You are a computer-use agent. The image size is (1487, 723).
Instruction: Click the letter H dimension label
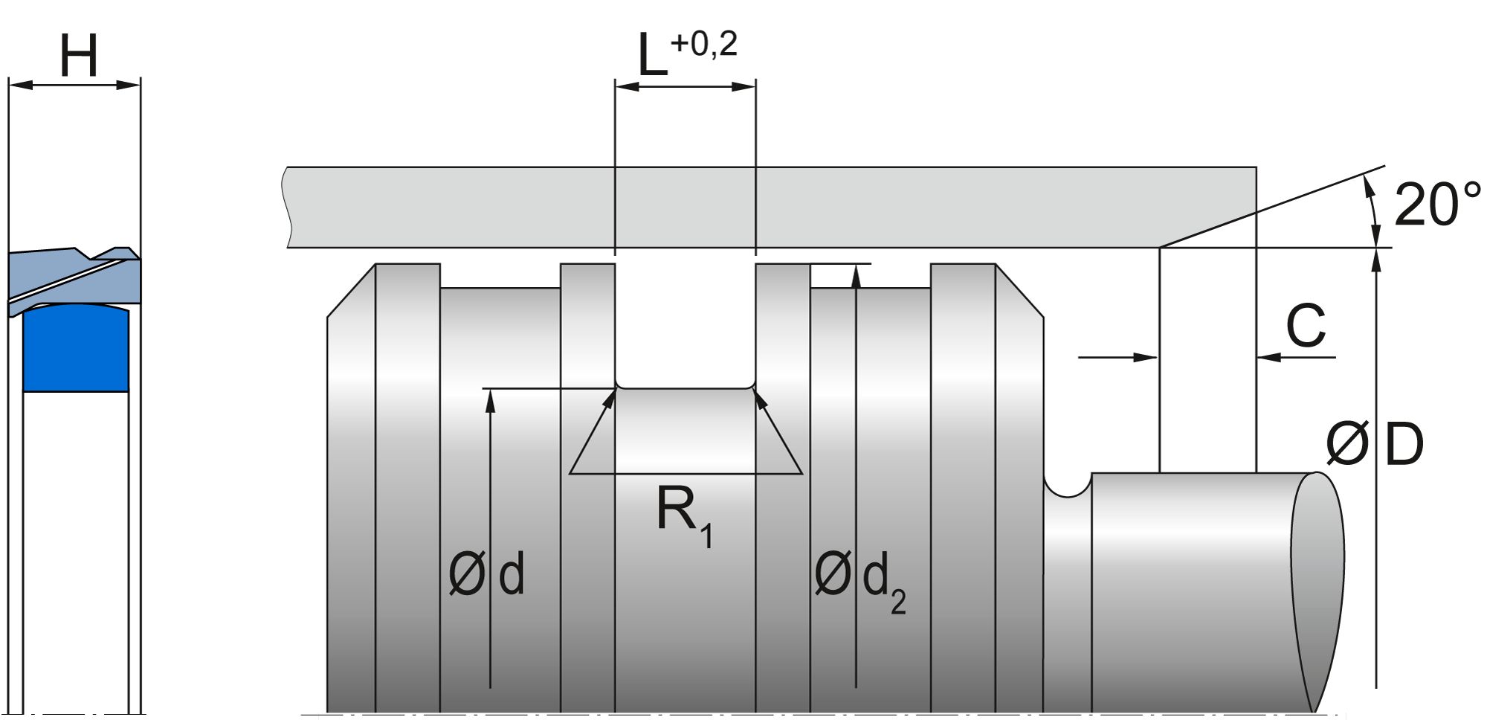tap(78, 56)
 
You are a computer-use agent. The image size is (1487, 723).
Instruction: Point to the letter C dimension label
tap(1306, 326)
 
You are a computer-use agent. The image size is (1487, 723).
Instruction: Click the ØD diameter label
tap(1374, 445)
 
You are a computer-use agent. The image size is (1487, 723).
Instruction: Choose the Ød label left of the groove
tap(487, 574)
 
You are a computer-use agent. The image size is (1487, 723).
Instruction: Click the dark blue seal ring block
tap(76, 350)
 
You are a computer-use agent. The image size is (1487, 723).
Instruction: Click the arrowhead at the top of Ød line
tap(490, 398)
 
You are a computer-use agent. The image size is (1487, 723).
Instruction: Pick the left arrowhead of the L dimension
tap(626, 86)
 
